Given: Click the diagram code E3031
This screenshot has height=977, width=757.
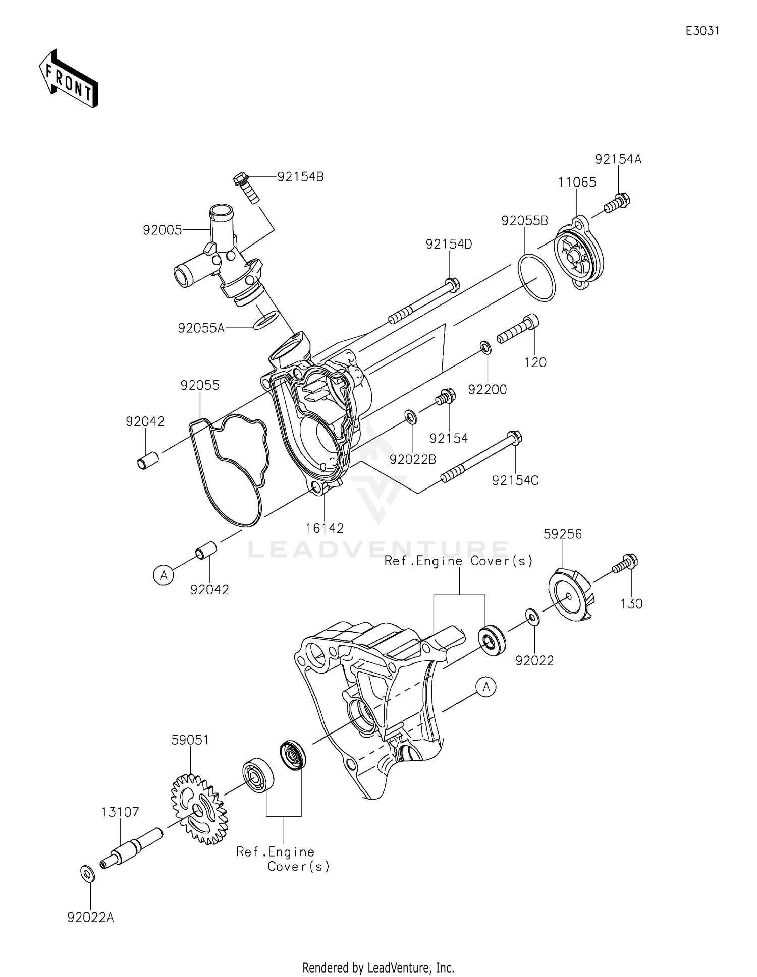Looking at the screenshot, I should click(x=702, y=31).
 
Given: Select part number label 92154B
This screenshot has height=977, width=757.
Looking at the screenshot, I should click(x=300, y=177).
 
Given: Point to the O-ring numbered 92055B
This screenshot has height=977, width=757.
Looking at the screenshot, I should click(x=536, y=278).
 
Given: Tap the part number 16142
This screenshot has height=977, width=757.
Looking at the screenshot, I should click(x=325, y=528).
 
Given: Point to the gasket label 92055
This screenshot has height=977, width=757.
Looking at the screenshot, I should click(x=200, y=385).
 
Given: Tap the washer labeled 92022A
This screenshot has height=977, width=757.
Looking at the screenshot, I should click(x=87, y=873).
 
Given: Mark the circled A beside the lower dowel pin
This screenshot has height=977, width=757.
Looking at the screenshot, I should click(x=164, y=575).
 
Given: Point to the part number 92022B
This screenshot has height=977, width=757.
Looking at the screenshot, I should click(x=412, y=459).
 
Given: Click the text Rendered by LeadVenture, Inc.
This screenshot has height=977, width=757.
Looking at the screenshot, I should click(x=378, y=968).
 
